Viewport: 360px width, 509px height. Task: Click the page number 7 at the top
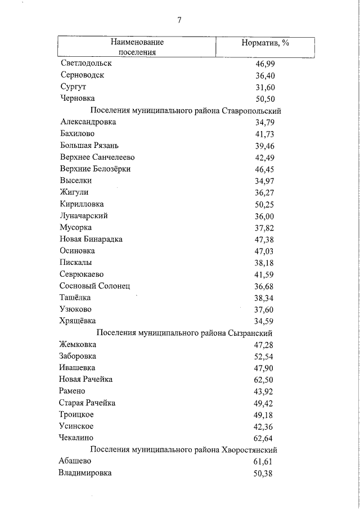pos(179,21)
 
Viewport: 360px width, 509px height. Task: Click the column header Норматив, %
pos(265,43)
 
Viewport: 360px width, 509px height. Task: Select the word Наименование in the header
pos(137,42)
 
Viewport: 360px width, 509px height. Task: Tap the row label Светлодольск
pos(85,64)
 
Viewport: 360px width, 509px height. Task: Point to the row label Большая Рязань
pos(88,146)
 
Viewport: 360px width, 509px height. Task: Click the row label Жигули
pos(74,192)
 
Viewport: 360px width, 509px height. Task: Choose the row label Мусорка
pos(75,227)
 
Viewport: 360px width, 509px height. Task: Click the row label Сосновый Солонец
pos(94,286)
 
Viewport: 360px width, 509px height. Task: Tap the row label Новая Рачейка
pos(85,379)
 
